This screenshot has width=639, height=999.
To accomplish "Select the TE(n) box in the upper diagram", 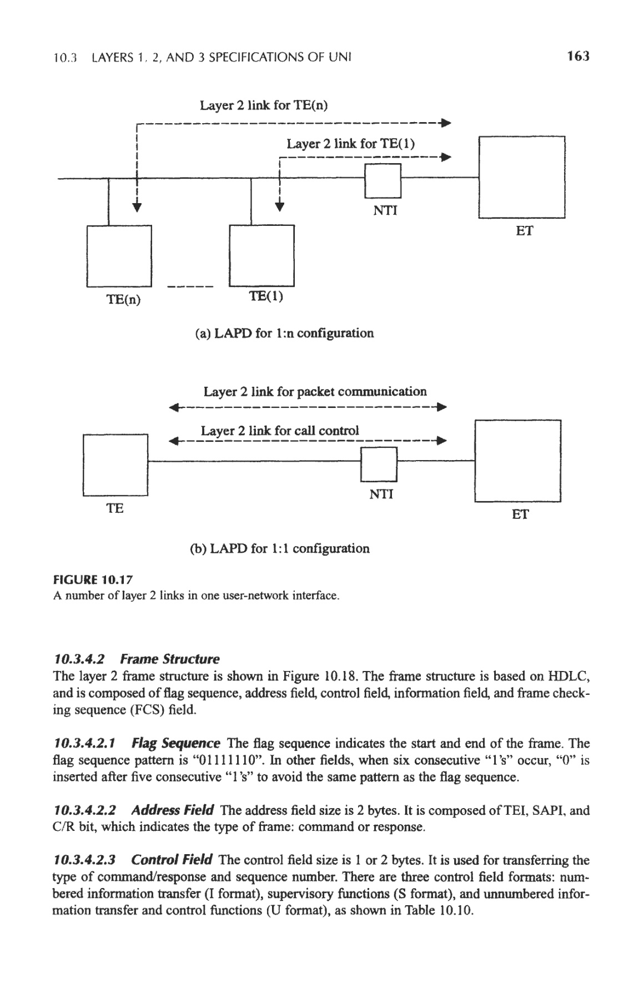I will point(119,256).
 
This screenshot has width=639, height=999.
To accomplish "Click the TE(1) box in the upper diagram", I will point(261,256).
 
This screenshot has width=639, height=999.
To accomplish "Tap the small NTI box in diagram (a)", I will point(383,181).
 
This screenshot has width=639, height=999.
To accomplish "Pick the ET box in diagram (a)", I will point(521,177).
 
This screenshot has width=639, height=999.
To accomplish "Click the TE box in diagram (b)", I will point(115,465).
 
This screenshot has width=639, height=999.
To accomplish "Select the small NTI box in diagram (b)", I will point(379,464).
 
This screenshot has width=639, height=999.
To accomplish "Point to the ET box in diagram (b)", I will point(518,461).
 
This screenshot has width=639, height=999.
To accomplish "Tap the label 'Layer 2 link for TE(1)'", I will point(350,144).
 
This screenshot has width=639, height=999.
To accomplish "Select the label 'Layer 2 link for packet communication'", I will point(315,392).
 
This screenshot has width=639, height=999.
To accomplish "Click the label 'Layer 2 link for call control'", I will point(280,431).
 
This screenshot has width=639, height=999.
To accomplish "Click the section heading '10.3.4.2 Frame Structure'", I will point(136,659).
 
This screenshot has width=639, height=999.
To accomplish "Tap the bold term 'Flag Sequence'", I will point(176,743).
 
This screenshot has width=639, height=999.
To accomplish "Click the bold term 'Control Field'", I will point(172,860).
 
